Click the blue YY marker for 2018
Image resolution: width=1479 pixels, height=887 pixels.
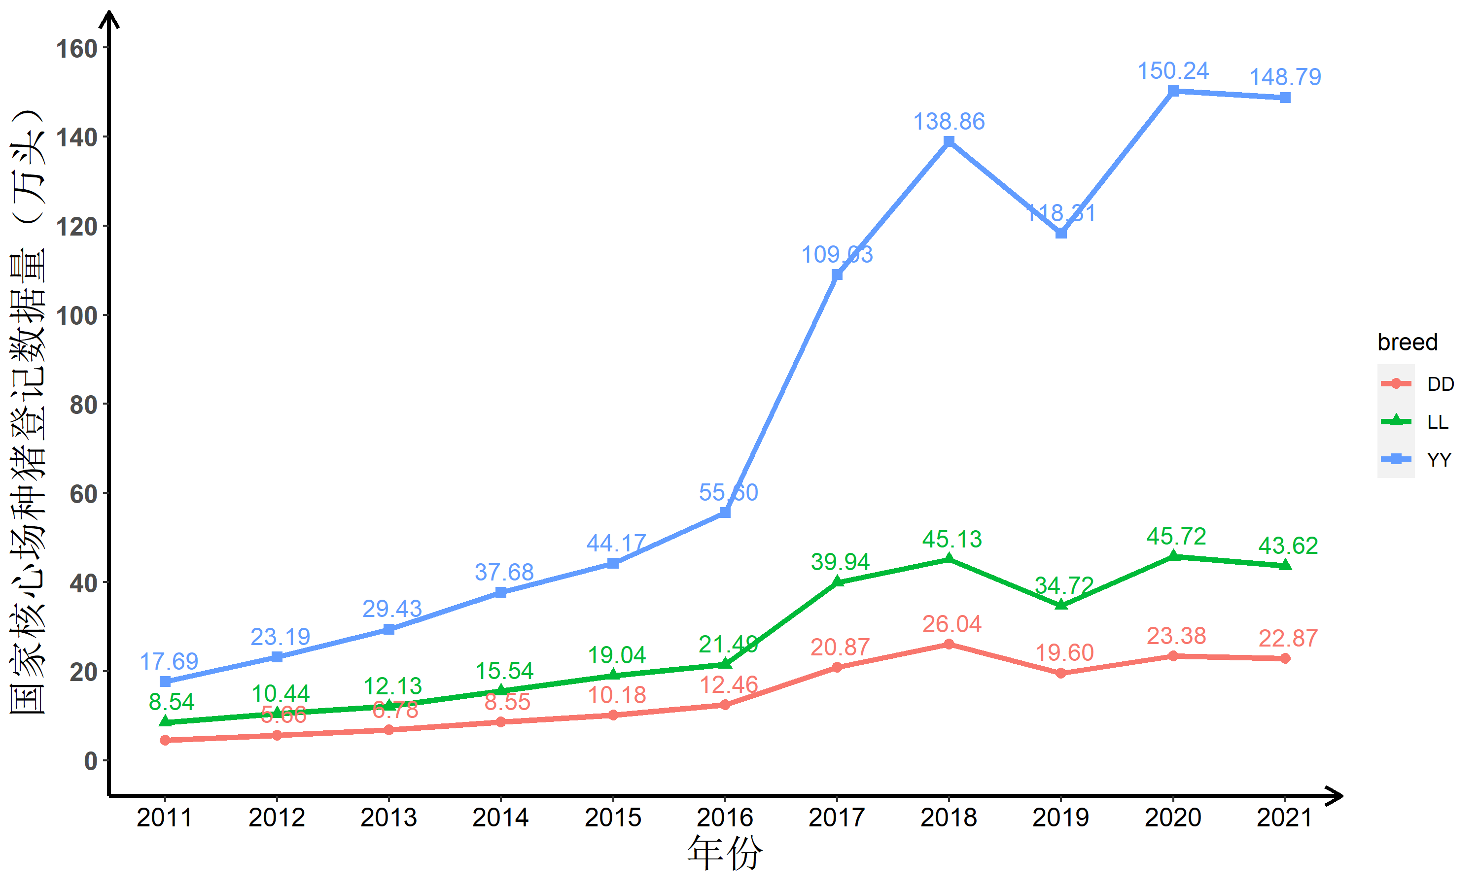[949, 141]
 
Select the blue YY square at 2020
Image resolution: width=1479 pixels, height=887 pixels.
[1173, 91]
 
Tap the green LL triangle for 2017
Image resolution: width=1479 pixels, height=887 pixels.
[837, 581]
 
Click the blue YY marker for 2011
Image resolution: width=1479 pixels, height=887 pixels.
[165, 682]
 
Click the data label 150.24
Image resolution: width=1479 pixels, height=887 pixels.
[1173, 71]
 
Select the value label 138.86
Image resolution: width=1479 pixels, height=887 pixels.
[949, 122]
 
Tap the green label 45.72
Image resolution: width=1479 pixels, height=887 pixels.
[1176, 537]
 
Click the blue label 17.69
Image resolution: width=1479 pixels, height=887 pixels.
[169, 662]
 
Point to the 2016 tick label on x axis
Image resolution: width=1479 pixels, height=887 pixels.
[725, 818]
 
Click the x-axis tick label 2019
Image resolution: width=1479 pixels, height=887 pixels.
[1060, 818]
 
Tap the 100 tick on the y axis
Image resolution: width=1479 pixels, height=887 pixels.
[77, 315]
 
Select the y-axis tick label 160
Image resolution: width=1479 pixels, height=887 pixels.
[77, 48]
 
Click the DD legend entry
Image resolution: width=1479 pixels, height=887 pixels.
[1440, 384]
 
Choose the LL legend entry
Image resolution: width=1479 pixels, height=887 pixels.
[1437, 422]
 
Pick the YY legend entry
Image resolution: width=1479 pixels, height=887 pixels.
[1439, 460]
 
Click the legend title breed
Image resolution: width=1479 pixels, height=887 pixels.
[1407, 342]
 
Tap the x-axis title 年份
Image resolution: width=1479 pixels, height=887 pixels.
[725, 853]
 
